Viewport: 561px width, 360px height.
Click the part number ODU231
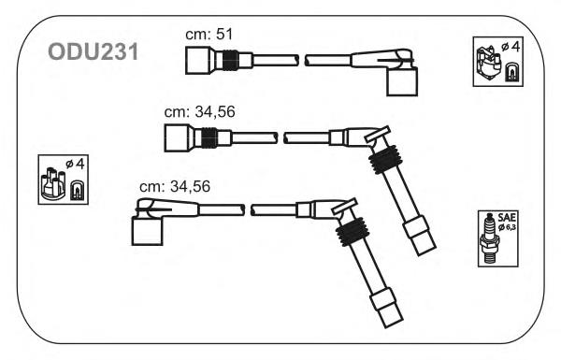click(93, 52)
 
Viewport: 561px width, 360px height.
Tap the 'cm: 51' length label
click(209, 35)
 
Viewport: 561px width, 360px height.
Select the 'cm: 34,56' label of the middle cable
click(200, 112)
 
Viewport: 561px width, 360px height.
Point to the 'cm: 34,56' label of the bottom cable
click(175, 186)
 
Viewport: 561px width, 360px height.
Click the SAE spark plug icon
click(488, 238)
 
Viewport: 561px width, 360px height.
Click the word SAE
click(507, 217)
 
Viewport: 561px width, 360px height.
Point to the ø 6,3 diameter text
click(507, 227)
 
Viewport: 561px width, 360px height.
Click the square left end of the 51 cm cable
click(197, 60)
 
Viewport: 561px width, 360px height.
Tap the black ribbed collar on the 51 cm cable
click(230, 60)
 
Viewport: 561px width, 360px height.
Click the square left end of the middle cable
click(176, 137)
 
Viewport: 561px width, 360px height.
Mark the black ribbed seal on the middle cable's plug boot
click(385, 159)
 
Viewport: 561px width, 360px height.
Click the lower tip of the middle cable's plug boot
click(427, 251)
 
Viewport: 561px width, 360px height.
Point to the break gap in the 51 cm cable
click(302, 60)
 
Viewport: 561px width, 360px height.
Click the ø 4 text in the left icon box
click(76, 164)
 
